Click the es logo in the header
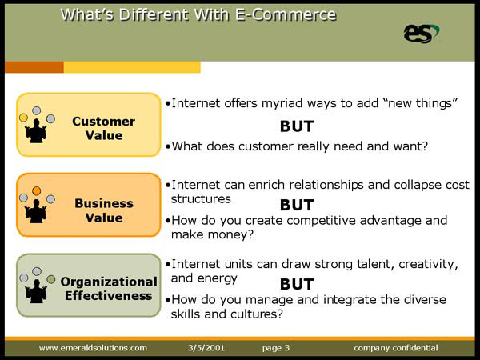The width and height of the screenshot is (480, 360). coord(421,34)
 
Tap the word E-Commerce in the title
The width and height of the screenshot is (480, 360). coord(286,14)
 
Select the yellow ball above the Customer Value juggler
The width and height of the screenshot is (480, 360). coord(23,118)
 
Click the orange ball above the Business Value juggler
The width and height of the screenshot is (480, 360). coord(37,191)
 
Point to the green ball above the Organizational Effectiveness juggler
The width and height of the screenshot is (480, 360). coord(51,279)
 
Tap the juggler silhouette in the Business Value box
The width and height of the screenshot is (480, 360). coord(36,211)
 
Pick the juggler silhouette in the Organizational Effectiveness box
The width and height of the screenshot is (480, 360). coord(36,291)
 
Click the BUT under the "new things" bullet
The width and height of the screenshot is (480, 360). coord(297,126)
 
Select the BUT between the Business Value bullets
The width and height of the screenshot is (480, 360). coord(297,205)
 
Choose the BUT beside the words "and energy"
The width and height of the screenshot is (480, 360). coord(297,284)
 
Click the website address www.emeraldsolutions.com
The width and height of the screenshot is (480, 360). coord(93,348)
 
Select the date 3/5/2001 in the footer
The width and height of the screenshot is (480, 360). coord(206,348)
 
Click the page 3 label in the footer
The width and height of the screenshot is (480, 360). coord(276,348)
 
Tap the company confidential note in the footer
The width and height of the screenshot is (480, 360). coord(396,348)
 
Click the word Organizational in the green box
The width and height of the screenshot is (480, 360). coord(109,282)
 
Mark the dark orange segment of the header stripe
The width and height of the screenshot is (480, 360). coord(34,67)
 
